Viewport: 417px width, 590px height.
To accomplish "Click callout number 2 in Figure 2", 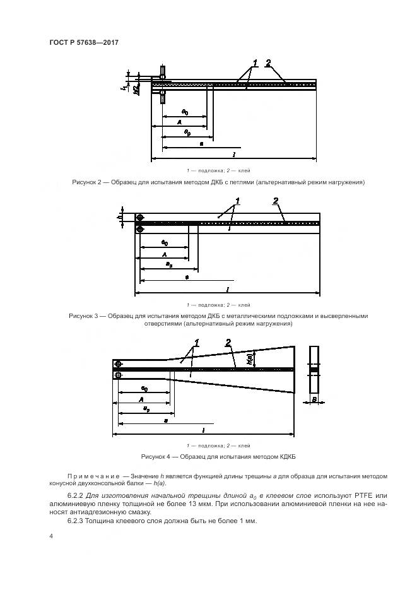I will [x=268, y=63].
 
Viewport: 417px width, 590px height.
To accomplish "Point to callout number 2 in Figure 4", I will [x=228, y=343].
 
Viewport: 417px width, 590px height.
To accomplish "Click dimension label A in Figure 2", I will [x=179, y=122].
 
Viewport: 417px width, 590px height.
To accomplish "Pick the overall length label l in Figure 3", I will [x=227, y=289].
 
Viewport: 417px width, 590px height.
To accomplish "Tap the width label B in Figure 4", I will [x=314, y=400].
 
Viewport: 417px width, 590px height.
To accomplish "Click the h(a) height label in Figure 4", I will [x=250, y=358].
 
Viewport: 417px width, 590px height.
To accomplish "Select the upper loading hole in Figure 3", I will [x=140, y=218].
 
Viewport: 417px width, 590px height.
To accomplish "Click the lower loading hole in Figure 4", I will [x=118, y=375].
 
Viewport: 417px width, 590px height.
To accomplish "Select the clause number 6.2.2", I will [x=76, y=497].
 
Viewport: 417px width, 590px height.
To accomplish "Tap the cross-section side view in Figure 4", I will [x=314, y=370].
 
